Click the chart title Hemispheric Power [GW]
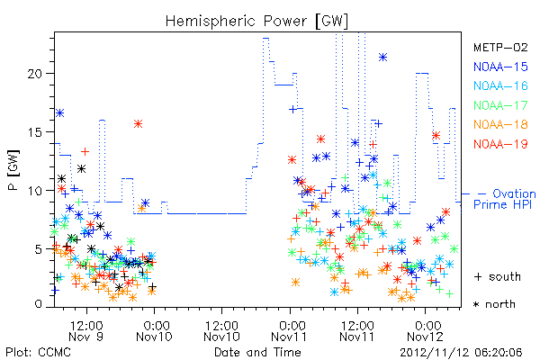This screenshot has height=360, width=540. pyautogui.click(x=256, y=22)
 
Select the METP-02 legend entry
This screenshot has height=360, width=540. pyautogui.click(x=500, y=47)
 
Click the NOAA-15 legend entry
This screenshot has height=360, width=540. pyautogui.click(x=500, y=67)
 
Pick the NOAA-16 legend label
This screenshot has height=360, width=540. pyautogui.click(x=500, y=85)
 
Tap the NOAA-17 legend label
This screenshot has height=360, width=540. pyautogui.click(x=500, y=105)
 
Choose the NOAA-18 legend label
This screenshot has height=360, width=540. pyautogui.click(x=500, y=124)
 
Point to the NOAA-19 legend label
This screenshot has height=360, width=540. pyautogui.click(x=500, y=144)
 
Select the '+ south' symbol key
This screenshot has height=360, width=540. pyautogui.click(x=498, y=276)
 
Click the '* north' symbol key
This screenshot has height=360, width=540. pyautogui.click(x=494, y=304)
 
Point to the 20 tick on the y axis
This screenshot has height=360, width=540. pyautogui.click(x=35, y=74)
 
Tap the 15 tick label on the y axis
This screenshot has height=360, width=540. pyautogui.click(x=35, y=132)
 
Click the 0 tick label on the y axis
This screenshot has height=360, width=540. pyautogui.click(x=39, y=304)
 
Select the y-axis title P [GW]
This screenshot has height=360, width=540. pyautogui.click(x=13, y=169)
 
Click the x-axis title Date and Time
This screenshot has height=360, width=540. pyautogui.click(x=257, y=352)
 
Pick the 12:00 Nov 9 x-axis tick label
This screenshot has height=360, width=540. pyautogui.click(x=86, y=331)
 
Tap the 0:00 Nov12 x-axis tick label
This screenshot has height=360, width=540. pyautogui.click(x=426, y=331)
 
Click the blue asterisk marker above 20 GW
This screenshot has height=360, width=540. pyautogui.click(x=382, y=58)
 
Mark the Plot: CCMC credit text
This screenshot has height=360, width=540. pyautogui.click(x=38, y=352)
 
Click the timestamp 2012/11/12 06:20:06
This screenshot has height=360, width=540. pyautogui.click(x=461, y=353)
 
